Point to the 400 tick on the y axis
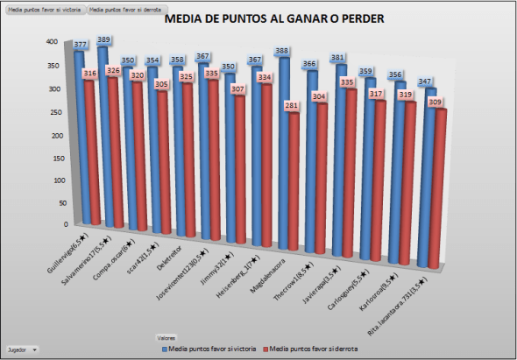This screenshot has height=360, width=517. coord(52,42)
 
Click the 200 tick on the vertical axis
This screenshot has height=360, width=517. coord(52,134)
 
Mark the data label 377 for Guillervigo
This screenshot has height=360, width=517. coord(81,44)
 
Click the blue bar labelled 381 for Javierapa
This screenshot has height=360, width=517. coord(340,166)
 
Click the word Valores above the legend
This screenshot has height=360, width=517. coord(166,336)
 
